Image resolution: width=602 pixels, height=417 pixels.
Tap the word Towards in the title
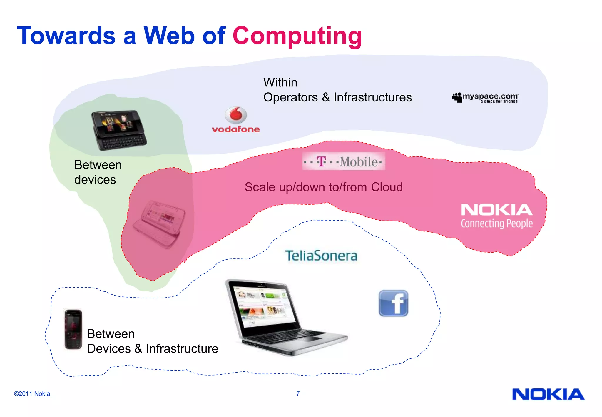tap(66, 36)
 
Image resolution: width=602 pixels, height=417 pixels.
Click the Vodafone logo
tap(236, 120)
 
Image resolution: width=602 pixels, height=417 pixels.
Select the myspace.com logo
tap(486, 98)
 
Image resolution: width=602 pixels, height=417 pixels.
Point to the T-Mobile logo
tap(343, 161)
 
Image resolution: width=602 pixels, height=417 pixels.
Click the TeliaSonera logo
tap(321, 256)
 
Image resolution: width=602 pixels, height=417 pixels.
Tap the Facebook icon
tap(393, 303)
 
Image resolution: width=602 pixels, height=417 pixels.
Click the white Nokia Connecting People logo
tap(496, 216)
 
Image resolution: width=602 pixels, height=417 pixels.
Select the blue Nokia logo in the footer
tap(548, 395)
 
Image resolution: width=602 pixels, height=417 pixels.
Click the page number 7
tap(298, 394)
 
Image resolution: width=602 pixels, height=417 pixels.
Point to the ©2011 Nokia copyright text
tap(32, 394)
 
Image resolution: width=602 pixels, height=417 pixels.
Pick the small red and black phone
tap(73, 330)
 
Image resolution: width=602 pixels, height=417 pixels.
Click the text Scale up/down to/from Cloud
tap(324, 187)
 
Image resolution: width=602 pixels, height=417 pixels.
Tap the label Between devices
tap(98, 172)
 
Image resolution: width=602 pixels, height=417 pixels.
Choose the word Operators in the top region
tap(290, 97)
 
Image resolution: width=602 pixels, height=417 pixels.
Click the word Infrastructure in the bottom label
tap(182, 349)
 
